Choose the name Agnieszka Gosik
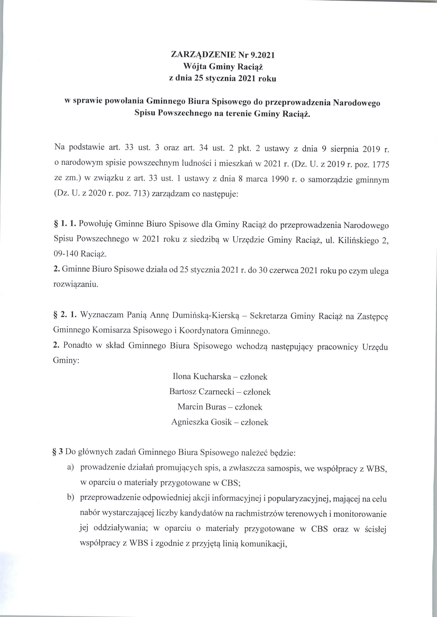[x=202, y=422]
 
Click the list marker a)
[x=70, y=468]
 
